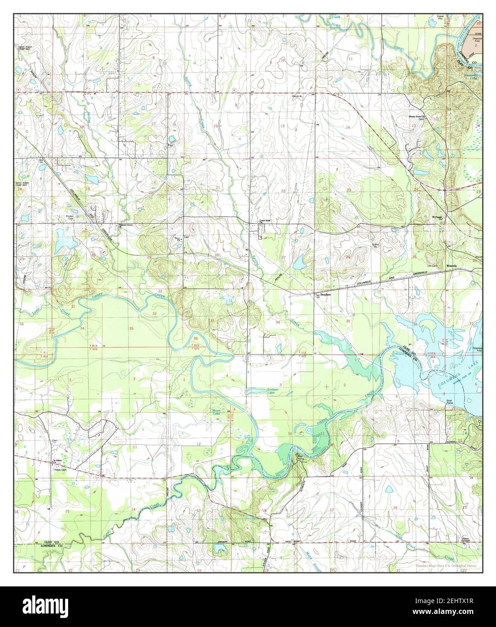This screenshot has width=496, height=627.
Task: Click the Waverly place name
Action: [452, 266]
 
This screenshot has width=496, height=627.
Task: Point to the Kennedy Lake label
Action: [472, 77]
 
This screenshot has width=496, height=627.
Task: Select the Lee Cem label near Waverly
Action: [435, 266]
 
